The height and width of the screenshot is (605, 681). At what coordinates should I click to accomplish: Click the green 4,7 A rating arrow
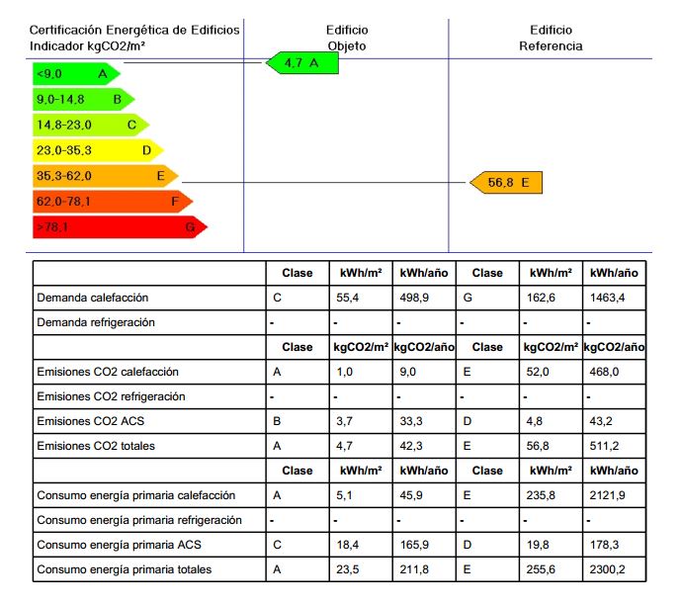pyautogui.click(x=302, y=63)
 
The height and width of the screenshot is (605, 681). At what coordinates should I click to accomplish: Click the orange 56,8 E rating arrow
pyautogui.click(x=506, y=183)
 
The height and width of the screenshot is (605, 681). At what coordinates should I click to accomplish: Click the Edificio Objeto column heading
pyautogui.click(x=346, y=38)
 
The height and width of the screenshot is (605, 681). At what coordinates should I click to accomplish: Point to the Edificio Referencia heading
pyautogui.click(x=551, y=38)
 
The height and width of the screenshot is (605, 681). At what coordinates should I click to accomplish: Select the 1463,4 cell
pyautogui.click(x=610, y=298)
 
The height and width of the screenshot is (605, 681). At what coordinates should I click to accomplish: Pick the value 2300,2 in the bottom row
pyautogui.click(x=610, y=569)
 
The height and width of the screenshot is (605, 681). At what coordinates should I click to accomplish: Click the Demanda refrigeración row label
pyautogui.click(x=96, y=322)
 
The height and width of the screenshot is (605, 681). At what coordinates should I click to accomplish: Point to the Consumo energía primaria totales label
pyautogui.click(x=124, y=569)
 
